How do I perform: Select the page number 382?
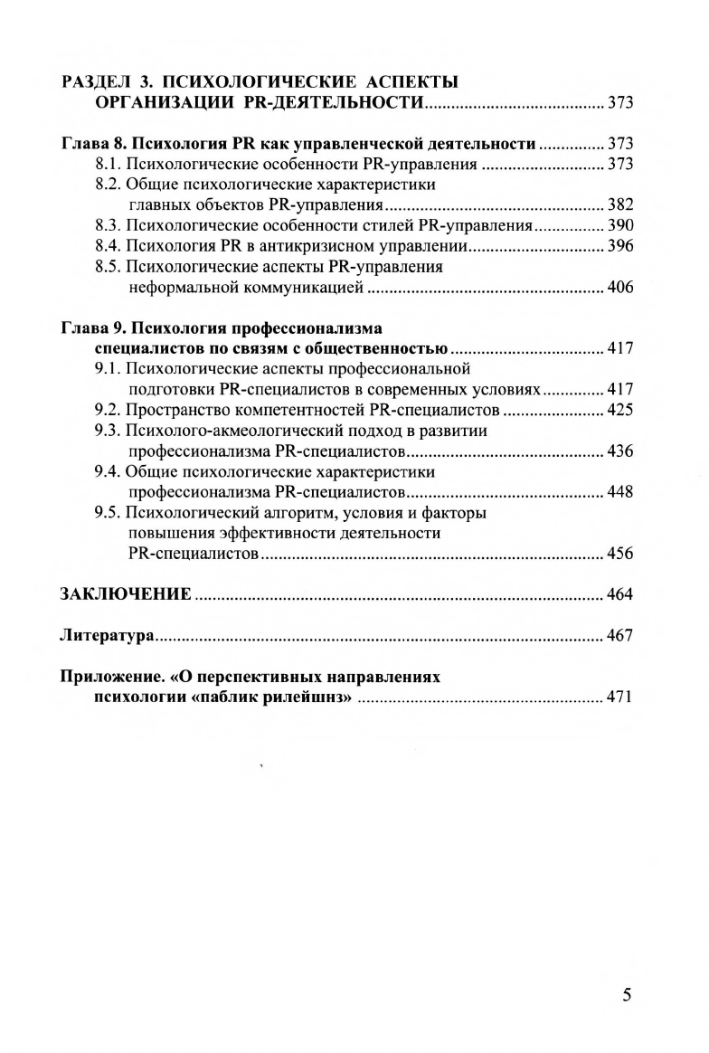click(x=620, y=204)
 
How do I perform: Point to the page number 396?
click(x=620, y=245)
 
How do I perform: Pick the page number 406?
click(x=620, y=288)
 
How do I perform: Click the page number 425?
click(x=620, y=410)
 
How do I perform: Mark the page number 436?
click(x=620, y=451)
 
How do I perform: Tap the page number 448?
click(x=620, y=492)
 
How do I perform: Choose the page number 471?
click(x=620, y=697)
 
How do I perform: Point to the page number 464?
click(x=620, y=594)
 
